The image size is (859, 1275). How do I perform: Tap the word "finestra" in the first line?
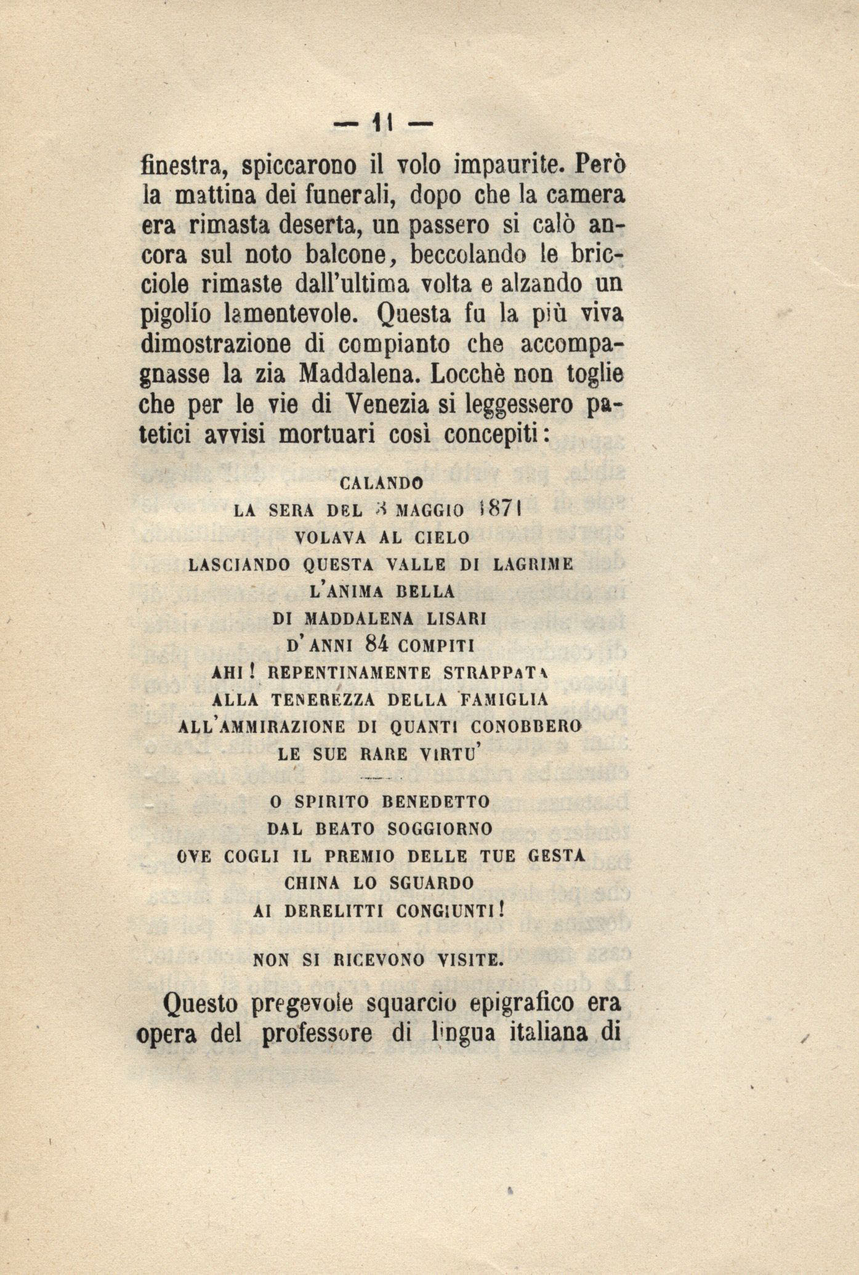(x=186, y=166)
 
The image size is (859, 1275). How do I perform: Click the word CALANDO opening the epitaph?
(x=381, y=484)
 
